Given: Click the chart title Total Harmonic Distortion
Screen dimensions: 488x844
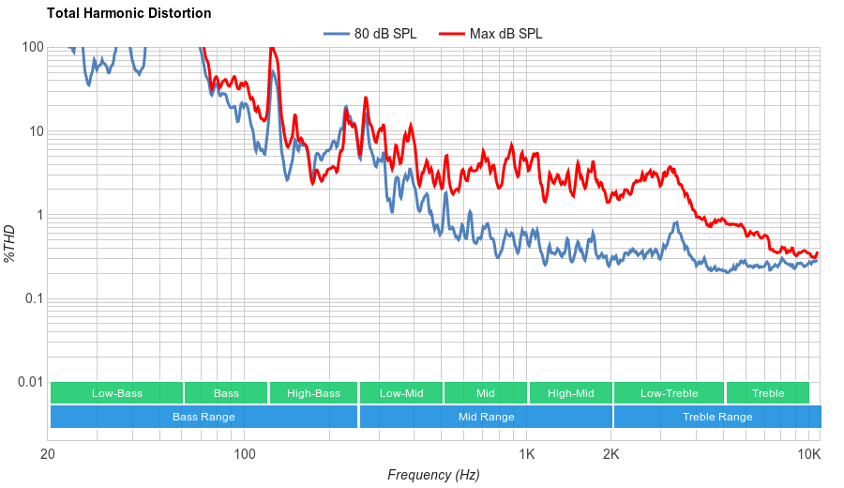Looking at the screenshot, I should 128,14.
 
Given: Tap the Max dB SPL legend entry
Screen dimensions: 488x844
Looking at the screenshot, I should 505,35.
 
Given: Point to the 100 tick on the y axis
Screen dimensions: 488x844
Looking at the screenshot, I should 33,48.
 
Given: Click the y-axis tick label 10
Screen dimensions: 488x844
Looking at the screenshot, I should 36,131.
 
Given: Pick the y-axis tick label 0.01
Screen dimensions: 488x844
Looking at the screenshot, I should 29,382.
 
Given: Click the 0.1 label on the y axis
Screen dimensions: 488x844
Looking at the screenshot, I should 33,298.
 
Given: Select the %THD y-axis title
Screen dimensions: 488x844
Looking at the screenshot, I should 10,243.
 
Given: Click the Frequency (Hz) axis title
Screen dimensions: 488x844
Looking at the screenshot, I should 433,475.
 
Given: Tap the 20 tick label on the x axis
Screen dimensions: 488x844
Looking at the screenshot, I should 48,454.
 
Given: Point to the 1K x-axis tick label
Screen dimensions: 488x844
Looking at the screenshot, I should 527,454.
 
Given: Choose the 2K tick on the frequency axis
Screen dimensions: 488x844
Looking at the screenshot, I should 611,454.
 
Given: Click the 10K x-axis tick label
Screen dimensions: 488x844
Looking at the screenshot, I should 808,454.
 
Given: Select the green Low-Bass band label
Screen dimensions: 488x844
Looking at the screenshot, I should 117,393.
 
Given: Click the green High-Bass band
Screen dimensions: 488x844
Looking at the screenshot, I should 313,393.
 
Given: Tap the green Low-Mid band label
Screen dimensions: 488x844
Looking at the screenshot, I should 401,393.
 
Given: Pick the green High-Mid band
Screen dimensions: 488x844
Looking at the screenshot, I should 570,393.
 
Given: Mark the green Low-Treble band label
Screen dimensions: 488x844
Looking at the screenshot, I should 669,393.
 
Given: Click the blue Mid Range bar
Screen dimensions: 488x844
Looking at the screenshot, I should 486,417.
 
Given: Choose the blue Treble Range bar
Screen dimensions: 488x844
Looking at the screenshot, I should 717,417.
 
